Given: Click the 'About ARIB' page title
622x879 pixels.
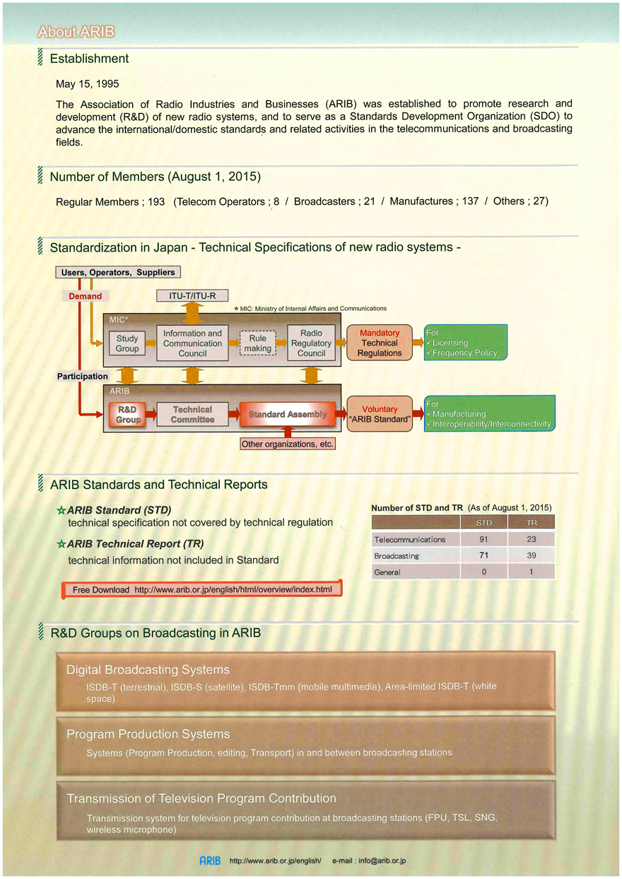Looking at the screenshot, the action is coord(76,32).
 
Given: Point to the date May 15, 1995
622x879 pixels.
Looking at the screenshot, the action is coord(87,84).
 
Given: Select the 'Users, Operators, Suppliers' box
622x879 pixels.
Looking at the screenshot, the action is coord(118,272).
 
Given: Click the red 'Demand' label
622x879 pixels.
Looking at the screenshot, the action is coord(85,296).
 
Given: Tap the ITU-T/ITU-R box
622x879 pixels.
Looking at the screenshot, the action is coord(192,295).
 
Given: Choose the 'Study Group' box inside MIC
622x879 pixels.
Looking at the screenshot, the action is coord(127,343).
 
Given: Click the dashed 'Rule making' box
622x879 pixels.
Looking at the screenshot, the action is coord(258,343).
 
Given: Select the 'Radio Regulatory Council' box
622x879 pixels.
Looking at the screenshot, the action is coord(311,343).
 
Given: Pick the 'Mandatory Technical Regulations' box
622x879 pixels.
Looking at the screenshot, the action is coord(380,343).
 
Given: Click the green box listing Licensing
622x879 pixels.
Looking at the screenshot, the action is coord(465,342).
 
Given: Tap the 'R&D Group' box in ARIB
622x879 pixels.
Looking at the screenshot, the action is coord(127,414).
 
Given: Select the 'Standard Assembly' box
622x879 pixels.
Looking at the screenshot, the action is coord(288,414).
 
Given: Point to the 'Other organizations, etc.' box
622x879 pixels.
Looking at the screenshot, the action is coord(288,444).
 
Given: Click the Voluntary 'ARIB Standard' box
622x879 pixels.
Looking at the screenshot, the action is coord(380,414).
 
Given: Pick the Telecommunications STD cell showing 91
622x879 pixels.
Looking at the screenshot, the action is coord(483,539).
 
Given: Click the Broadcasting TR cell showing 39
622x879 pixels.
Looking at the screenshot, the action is coord(532,555).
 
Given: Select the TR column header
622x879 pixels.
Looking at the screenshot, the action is coord(532,523).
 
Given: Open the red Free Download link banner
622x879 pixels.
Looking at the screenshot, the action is coord(201,589).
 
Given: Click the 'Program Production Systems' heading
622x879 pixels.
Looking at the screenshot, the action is coord(148,734).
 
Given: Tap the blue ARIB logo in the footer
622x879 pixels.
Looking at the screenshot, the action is coord(210,861).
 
